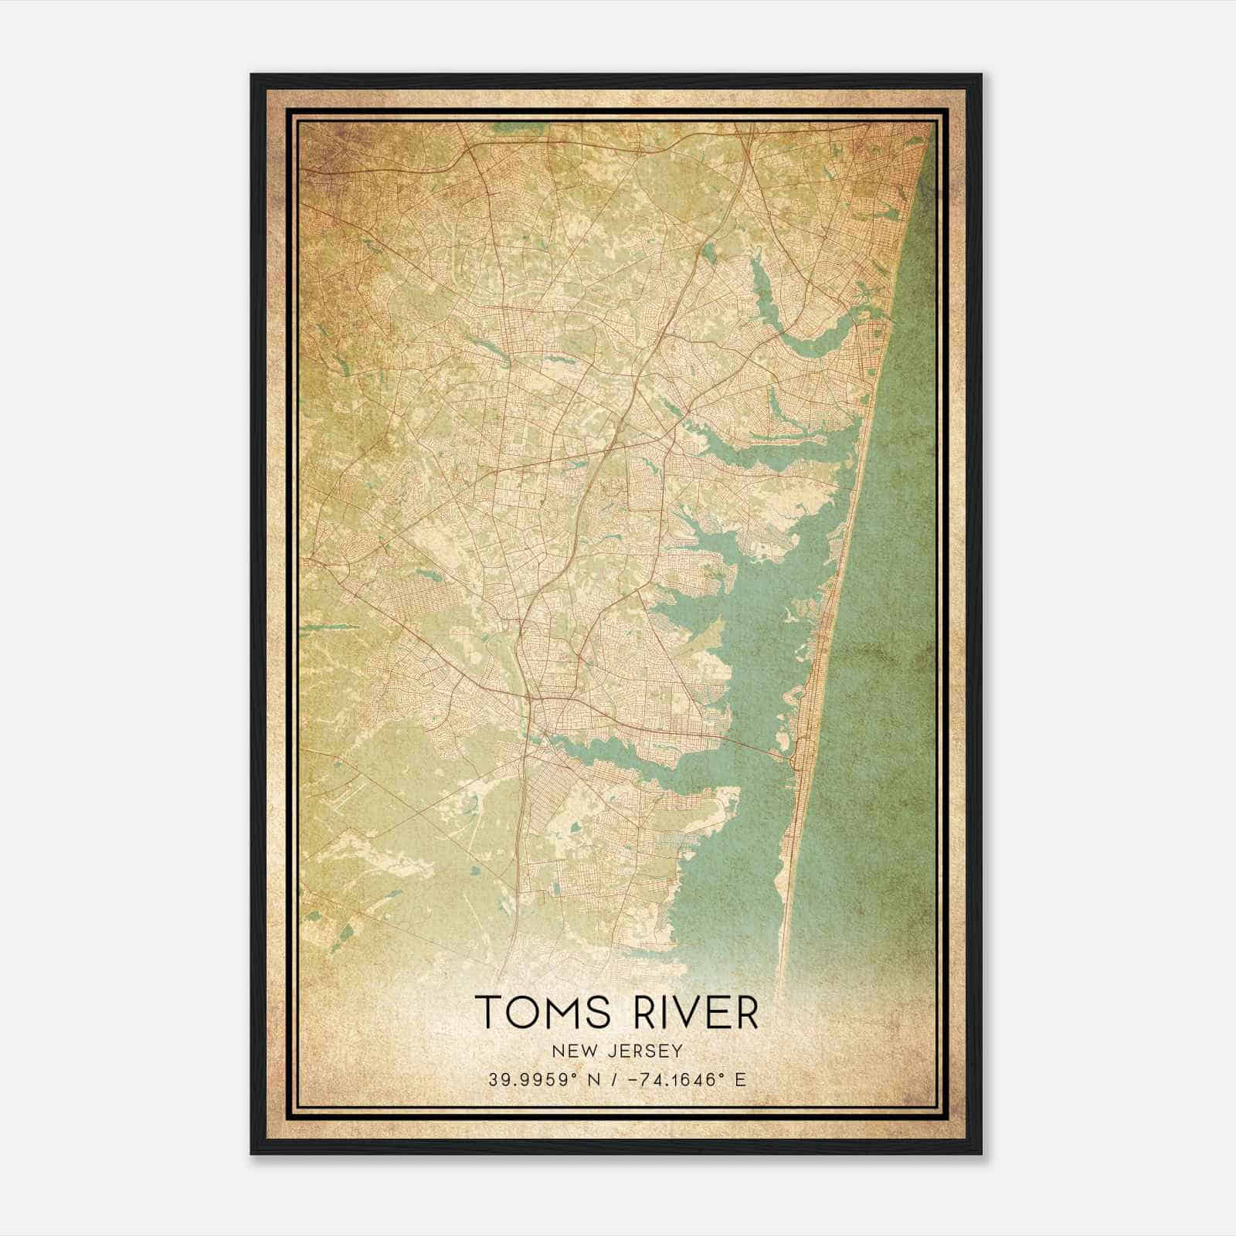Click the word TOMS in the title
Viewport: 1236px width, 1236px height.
click(x=542, y=1013)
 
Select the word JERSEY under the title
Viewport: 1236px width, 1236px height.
click(x=647, y=1051)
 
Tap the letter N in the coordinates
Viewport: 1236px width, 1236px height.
click(x=595, y=1080)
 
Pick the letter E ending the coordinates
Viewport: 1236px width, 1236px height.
click(x=741, y=1080)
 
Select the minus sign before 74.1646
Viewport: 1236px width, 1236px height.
click(x=636, y=1080)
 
